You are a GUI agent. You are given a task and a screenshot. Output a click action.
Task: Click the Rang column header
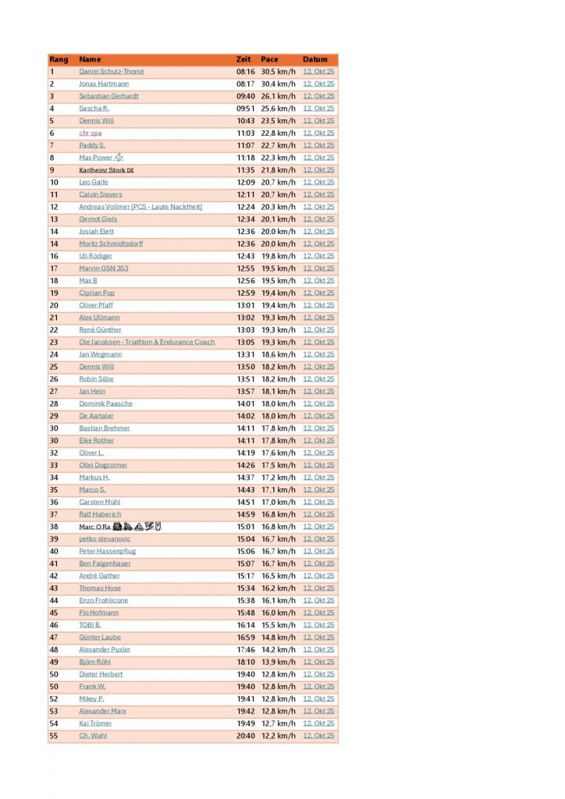click(x=59, y=59)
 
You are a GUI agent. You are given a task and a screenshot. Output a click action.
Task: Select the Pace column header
click(x=270, y=59)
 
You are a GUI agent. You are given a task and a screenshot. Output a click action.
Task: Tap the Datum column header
click(x=315, y=59)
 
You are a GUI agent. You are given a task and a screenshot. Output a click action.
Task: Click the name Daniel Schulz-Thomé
click(x=111, y=72)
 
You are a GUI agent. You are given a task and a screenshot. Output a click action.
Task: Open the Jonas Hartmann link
click(x=104, y=83)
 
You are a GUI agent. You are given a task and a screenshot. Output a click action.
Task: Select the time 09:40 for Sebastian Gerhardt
click(x=245, y=96)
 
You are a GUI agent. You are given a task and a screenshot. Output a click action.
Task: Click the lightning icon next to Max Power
click(x=119, y=158)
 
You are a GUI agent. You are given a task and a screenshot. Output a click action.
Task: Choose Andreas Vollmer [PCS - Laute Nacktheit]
click(x=140, y=207)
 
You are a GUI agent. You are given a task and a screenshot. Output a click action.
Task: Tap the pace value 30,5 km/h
click(x=278, y=72)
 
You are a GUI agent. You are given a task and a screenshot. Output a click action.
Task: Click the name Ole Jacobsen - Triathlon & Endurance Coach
click(x=147, y=342)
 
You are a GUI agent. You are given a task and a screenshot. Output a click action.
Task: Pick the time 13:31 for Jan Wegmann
click(x=245, y=354)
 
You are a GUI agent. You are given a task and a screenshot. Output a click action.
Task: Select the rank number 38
click(x=54, y=527)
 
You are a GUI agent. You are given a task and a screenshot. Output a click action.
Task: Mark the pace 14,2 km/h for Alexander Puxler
click(x=278, y=649)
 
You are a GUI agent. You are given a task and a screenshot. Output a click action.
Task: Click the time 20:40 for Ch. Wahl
click(x=245, y=736)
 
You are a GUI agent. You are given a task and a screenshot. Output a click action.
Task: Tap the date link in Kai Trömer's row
click(x=318, y=723)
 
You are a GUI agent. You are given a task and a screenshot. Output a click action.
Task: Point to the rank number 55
click(x=54, y=736)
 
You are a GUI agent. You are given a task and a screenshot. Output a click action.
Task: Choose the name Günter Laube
click(x=100, y=637)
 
